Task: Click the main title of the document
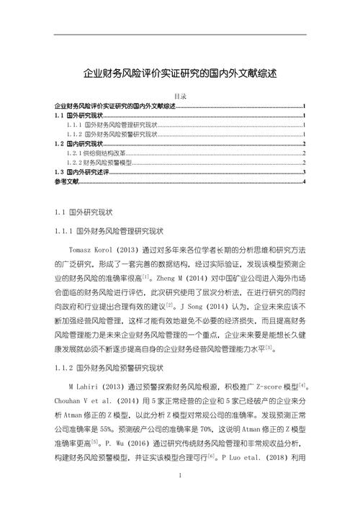(x=180, y=73)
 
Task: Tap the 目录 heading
(x=181, y=97)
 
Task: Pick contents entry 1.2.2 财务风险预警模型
(x=99, y=163)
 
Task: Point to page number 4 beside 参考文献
(x=305, y=182)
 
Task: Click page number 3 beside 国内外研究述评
(x=305, y=173)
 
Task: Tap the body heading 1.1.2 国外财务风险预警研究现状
(x=109, y=369)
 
